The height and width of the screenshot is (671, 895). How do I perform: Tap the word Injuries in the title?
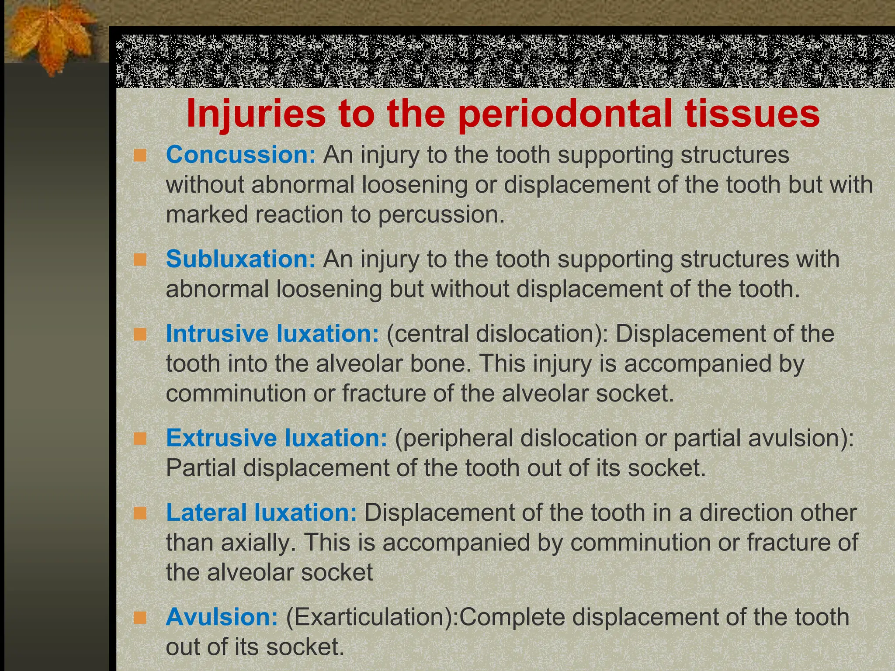point(256,114)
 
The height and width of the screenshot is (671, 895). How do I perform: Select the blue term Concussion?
point(240,155)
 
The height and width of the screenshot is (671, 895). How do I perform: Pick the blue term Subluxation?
point(240,259)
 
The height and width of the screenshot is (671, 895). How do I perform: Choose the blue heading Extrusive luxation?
point(276,438)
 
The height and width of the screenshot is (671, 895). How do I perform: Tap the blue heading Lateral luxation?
point(261,512)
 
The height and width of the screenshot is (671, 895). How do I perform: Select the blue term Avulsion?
point(222,617)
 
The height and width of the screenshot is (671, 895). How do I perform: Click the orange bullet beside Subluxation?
point(140,260)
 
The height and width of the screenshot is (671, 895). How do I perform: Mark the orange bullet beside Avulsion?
point(140,618)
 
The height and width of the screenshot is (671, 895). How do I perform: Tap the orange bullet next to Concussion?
point(140,156)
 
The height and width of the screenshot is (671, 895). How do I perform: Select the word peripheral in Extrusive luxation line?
point(454,438)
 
